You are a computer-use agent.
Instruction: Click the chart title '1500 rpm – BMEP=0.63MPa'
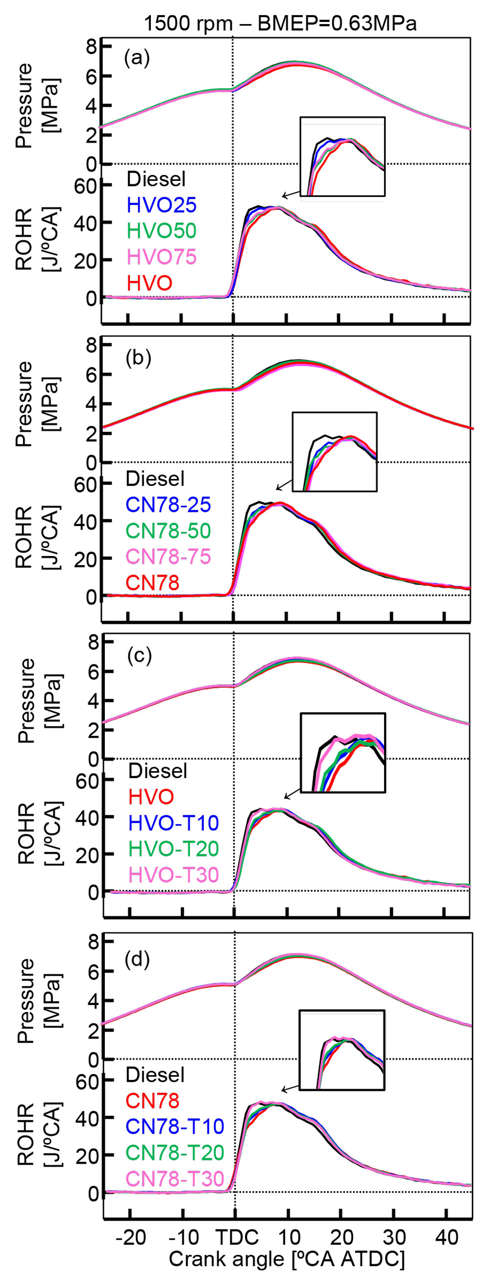tap(280, 24)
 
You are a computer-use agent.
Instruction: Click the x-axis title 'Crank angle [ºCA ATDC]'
tap(287, 1258)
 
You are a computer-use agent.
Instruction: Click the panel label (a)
tap(137, 59)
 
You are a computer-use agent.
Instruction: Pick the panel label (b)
tap(138, 357)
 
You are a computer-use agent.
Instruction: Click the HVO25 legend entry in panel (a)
tap(161, 205)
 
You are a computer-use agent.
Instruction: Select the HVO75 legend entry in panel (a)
tap(161, 257)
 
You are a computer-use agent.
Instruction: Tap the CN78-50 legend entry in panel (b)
tap(168, 531)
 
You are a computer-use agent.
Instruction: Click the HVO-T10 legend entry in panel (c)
tap(173, 823)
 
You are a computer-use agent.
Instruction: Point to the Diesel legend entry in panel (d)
tap(155, 1075)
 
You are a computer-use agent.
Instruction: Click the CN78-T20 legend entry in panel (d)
tap(175, 1153)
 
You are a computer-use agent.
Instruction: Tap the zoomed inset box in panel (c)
tap(343, 752)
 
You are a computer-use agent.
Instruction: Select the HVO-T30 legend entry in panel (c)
tap(173, 875)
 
